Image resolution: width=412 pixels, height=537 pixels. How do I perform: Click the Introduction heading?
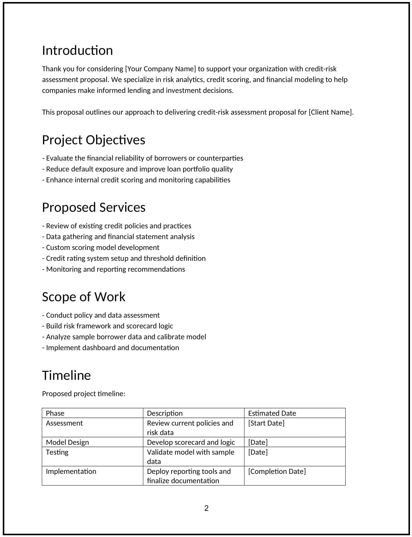point(77,51)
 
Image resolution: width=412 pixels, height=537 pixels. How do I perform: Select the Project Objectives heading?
point(93,140)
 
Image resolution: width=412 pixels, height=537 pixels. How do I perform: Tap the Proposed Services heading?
point(94,207)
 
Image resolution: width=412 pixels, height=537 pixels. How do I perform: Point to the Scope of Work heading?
point(83,297)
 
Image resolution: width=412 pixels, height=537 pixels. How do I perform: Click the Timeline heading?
point(66,375)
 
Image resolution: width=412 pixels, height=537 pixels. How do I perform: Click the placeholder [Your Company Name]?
point(160,69)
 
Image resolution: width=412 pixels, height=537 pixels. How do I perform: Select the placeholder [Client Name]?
point(331,112)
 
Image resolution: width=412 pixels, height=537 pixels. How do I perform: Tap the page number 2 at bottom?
point(206,508)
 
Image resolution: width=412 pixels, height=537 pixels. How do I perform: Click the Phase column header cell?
point(55,413)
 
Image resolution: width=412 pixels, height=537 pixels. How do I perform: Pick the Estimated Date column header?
point(272,413)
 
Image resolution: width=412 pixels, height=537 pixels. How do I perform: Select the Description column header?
point(165,413)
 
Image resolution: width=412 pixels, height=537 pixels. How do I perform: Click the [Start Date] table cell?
point(266,423)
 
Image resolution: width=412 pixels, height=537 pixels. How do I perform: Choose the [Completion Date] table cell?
point(277,471)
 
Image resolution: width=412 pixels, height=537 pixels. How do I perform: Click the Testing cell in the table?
point(57,452)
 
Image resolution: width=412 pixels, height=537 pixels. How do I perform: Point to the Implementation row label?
point(71,471)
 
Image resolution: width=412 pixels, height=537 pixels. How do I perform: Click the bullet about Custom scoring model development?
point(101,247)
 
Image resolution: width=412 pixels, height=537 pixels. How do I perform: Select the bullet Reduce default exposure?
point(137,169)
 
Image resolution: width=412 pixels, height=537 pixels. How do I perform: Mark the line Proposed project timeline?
point(83,394)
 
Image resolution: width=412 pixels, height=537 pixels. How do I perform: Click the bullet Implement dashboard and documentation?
point(111,348)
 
